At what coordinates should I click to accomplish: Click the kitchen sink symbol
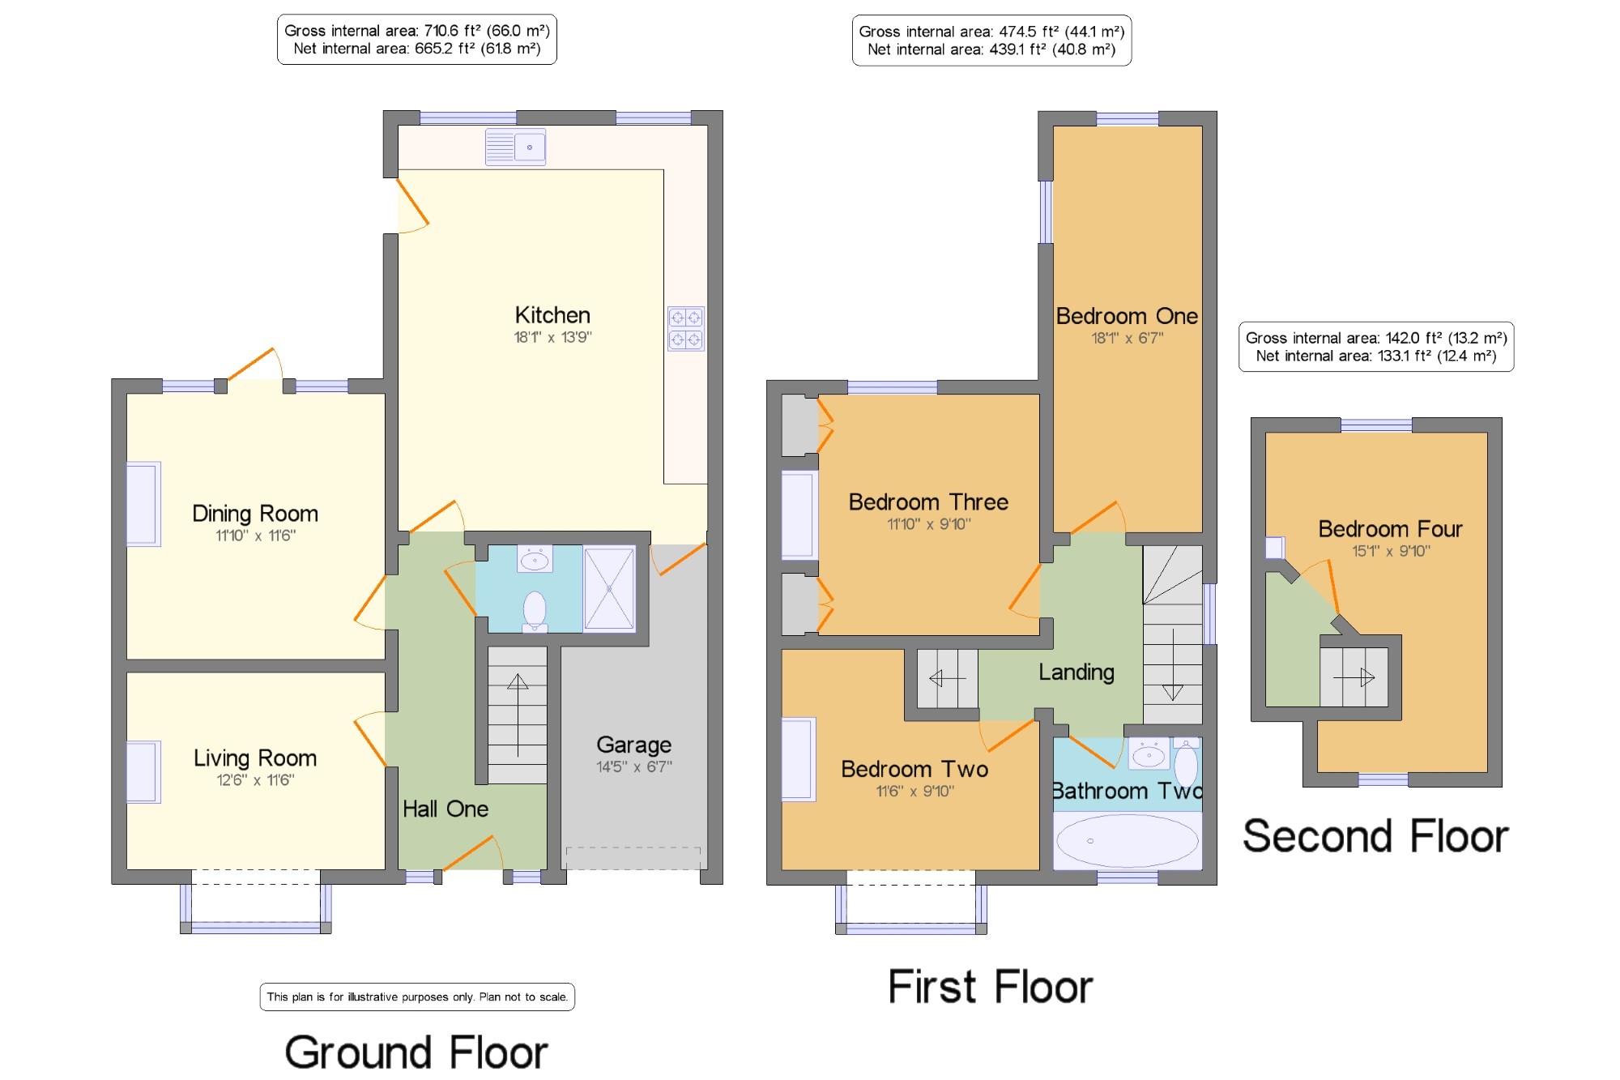pos(515,147)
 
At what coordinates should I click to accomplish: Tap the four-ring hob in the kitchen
pos(686,328)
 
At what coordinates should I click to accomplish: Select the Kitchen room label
pos(552,315)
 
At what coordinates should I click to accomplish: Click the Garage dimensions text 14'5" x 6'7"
pos(634,766)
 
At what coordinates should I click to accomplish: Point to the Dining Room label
pos(255,514)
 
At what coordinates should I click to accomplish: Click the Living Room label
pos(255,758)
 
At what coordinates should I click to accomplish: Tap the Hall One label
pos(446,809)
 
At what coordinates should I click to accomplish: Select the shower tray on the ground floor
pos(609,588)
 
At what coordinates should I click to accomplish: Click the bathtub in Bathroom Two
pos(1128,841)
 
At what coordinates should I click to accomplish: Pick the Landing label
pos(1076,672)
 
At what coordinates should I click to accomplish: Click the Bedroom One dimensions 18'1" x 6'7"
pos(1128,338)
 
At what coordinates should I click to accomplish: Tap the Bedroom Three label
pos(928,502)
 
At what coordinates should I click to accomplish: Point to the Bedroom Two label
pos(914,769)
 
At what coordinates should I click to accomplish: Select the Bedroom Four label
pos(1390,529)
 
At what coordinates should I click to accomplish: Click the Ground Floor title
pos(416,1052)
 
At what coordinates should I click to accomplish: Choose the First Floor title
pos(991,987)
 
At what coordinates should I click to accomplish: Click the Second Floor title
pos(1375,836)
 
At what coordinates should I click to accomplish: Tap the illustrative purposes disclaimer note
pos(417,997)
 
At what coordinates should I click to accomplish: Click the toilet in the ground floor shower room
pos(535,611)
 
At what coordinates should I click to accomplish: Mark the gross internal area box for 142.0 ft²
pos(1376,347)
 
